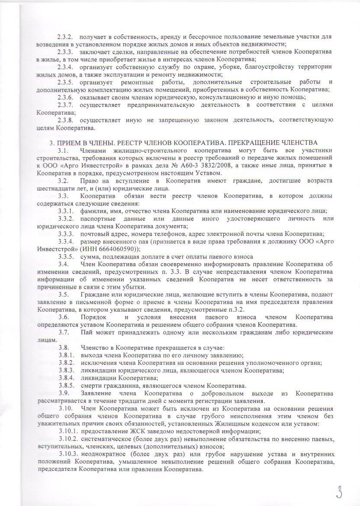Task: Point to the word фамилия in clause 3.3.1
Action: coord(92,211)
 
